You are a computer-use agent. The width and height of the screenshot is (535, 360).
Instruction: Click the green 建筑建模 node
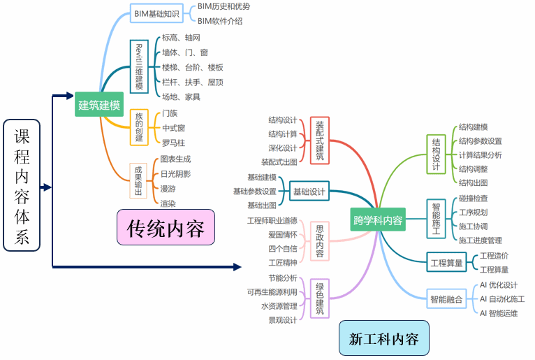click(99, 106)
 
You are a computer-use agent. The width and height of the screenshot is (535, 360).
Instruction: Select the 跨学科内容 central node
click(378, 220)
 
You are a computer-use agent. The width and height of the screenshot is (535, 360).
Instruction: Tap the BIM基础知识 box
click(156, 13)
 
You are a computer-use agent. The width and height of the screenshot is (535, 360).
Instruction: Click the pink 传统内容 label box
click(166, 228)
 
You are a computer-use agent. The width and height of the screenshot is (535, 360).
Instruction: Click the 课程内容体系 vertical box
click(22, 186)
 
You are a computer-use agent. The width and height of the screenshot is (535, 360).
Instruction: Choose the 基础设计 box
click(309, 192)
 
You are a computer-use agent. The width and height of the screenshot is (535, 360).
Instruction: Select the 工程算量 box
click(446, 264)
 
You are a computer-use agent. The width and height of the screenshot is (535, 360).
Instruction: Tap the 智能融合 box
click(446, 299)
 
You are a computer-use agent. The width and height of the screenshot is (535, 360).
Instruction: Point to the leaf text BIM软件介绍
click(220, 21)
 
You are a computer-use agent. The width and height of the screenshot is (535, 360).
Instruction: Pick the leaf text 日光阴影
click(175, 173)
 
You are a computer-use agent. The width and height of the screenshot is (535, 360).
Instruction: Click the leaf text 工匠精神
click(282, 263)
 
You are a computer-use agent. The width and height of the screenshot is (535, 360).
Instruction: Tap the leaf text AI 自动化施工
click(502, 299)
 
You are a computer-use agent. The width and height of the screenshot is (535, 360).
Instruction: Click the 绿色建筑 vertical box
click(319, 298)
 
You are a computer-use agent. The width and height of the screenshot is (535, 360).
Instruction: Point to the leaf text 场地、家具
click(181, 97)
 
